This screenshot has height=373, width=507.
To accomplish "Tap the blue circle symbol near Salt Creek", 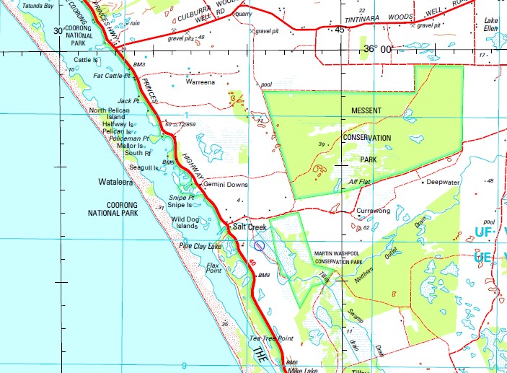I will (260, 246).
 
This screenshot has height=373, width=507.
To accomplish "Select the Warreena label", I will (201, 82).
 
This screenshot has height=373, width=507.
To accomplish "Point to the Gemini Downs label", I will (226, 185).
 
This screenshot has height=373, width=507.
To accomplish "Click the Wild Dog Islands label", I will (184, 222).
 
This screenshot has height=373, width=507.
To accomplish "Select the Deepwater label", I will (443, 183).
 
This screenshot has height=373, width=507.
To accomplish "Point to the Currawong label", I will (373, 211).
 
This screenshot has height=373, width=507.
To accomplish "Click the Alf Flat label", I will (358, 182).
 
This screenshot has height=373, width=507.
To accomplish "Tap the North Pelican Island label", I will (108, 113).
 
